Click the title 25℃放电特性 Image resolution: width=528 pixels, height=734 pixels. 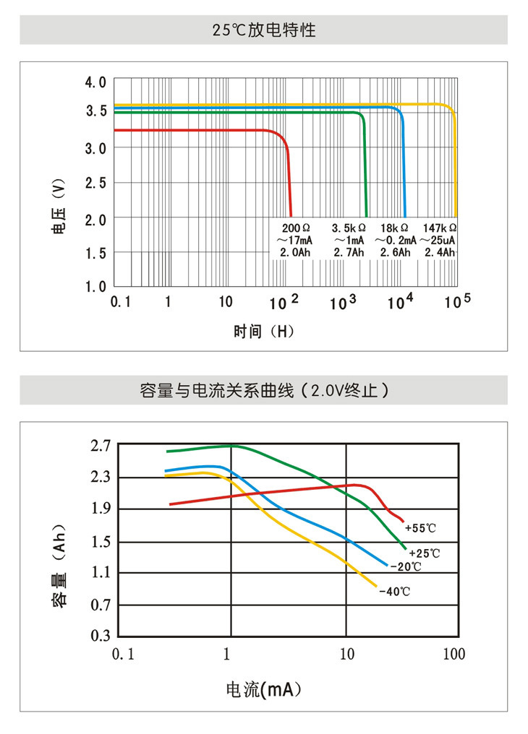click(264, 30)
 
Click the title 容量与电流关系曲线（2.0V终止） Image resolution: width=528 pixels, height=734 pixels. click(264, 391)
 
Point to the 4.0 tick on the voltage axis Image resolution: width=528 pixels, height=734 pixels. click(95, 82)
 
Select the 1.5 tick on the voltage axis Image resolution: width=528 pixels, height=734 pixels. click(95, 253)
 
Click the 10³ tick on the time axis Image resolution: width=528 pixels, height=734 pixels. click(343, 303)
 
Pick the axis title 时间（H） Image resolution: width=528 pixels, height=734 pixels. click(264, 332)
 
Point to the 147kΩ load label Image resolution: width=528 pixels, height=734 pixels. click(440, 228)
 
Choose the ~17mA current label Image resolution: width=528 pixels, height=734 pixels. click(294, 240)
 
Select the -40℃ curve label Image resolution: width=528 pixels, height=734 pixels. click(394, 592)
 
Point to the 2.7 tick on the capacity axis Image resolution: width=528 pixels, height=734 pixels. click(101, 446)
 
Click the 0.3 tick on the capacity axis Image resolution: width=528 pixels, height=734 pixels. click(101, 636)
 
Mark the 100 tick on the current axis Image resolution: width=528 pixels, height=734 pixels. click(454, 655)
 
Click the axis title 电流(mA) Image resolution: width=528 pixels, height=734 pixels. click(263, 689)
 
